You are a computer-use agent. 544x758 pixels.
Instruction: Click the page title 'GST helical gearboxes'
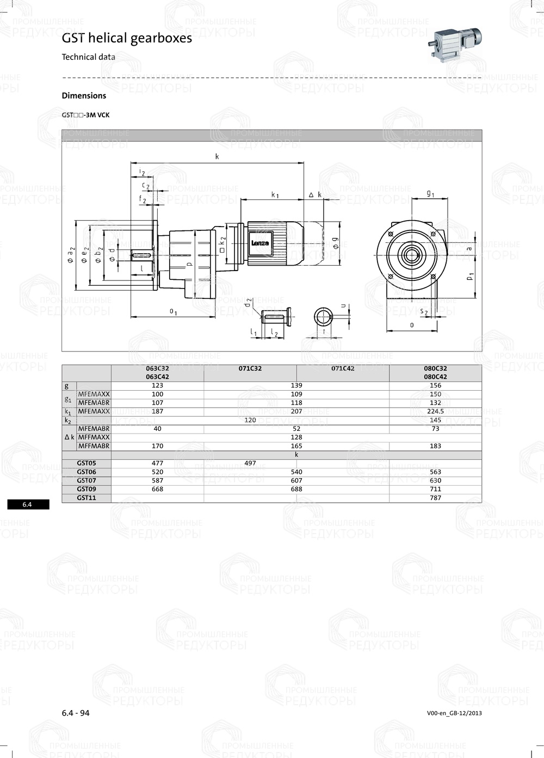point(127,38)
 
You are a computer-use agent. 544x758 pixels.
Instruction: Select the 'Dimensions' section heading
point(84,96)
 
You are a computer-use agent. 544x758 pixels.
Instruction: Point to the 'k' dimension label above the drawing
point(217,156)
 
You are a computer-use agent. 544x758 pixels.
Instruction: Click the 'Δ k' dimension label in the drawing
point(315,195)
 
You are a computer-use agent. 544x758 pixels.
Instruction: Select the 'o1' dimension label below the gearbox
point(173,311)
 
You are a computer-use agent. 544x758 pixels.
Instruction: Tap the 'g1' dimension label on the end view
point(430,193)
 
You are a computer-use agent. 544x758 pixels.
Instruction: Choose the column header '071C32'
point(250,368)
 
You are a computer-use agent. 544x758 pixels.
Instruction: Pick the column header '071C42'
point(343,368)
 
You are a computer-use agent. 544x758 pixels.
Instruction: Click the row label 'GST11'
point(86,498)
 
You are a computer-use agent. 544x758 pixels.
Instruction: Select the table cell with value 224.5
point(435,411)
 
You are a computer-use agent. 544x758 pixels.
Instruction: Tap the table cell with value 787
point(435,498)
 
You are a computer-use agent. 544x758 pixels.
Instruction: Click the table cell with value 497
point(250,463)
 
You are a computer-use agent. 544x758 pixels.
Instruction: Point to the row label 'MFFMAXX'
point(94,437)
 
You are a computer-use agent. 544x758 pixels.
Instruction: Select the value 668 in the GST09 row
point(157,489)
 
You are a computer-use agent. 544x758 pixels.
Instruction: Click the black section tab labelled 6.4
point(28,504)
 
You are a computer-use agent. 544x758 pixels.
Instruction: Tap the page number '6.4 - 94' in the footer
point(76,713)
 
